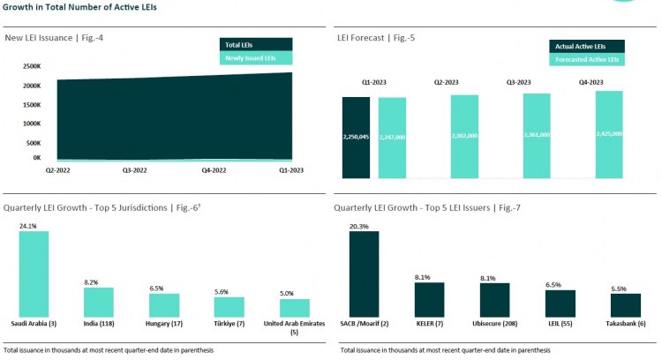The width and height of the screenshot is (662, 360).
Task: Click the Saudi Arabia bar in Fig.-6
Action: (x=34, y=274)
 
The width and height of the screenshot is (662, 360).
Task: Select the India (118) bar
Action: (x=99, y=302)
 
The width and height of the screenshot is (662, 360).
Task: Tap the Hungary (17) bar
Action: (x=163, y=305)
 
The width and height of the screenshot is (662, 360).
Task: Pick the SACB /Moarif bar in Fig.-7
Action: (x=364, y=274)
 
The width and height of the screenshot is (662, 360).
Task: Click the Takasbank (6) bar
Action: (x=625, y=305)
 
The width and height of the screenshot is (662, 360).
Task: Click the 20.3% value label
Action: (x=359, y=226)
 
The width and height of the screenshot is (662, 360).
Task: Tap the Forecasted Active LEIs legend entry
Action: (x=587, y=59)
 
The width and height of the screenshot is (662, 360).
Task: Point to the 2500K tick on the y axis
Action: (x=31, y=66)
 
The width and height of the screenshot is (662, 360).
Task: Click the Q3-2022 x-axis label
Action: (x=134, y=169)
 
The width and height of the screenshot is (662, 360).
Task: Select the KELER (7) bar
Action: (x=428, y=300)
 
